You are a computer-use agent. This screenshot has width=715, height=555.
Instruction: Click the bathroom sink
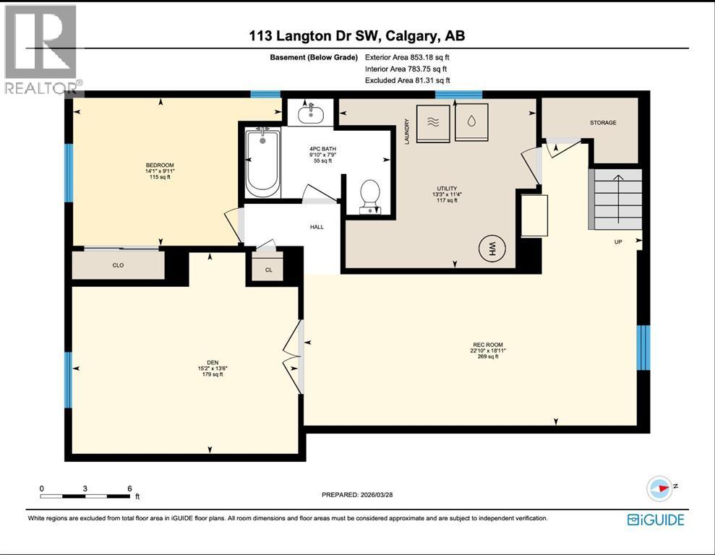[311, 113]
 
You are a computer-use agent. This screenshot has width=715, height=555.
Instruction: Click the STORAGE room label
[602, 123]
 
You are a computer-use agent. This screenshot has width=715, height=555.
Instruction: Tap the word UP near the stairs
[618, 242]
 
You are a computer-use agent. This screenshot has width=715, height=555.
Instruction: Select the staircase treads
[617, 199]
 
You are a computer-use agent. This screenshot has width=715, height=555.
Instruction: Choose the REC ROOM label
[487, 345]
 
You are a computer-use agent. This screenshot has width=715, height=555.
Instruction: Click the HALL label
[317, 227]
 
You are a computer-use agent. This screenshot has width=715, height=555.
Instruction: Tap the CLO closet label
[118, 265]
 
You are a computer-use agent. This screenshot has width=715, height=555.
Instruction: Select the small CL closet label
[268, 270]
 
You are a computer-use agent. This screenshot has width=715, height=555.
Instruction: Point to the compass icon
[659, 488]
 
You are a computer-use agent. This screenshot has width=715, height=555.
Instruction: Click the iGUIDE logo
[656, 520]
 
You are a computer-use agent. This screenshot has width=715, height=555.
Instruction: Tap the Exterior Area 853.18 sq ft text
[412, 57]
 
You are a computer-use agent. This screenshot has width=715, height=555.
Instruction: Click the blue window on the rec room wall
[643, 348]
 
